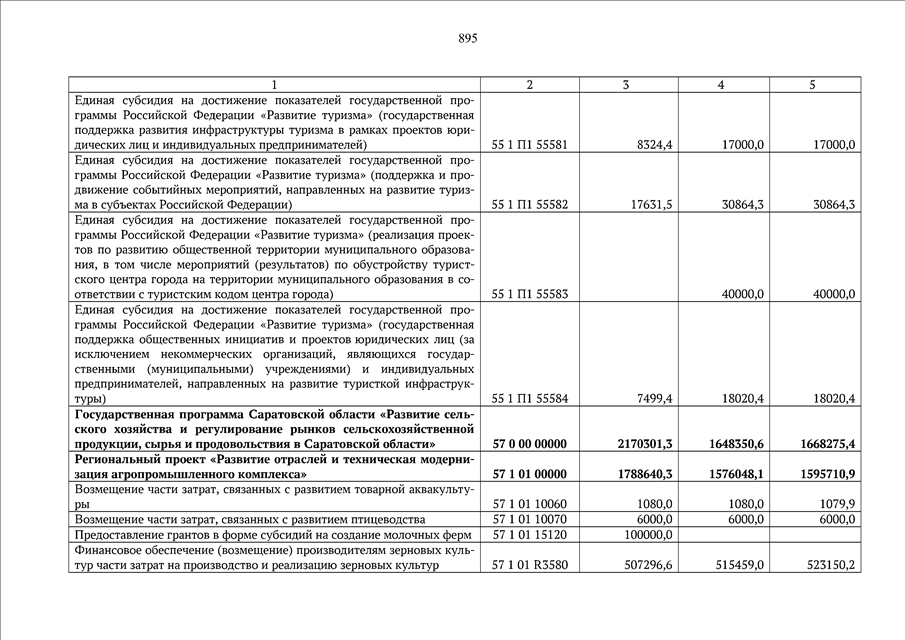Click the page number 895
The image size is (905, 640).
(468, 38)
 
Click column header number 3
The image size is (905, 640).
(626, 85)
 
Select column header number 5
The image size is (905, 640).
(813, 85)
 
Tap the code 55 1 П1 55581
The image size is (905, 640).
(530, 145)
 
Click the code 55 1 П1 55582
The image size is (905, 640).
(530, 205)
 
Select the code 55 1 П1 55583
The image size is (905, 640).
(530, 295)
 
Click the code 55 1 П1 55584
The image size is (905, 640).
(530, 399)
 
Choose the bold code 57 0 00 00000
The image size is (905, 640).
(530, 444)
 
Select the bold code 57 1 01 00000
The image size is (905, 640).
(530, 474)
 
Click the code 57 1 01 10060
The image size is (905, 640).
(530, 504)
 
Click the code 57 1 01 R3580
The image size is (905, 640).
(530, 566)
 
